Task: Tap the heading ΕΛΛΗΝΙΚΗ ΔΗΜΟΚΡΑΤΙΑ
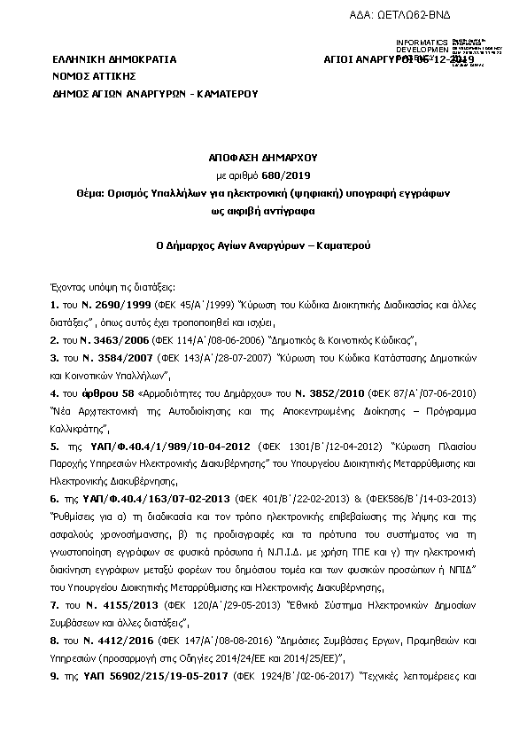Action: pos(114,60)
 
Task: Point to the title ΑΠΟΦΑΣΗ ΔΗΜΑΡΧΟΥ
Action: pos(263,154)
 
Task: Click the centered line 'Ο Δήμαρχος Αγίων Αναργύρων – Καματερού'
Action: pos(263,240)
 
